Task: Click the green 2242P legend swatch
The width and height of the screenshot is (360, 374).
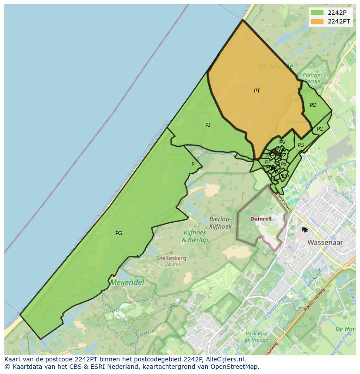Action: pyautogui.click(x=317, y=13)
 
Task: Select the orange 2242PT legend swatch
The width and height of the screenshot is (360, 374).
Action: pyautogui.click(x=317, y=21)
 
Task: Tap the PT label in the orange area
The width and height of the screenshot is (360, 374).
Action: pyautogui.click(x=257, y=91)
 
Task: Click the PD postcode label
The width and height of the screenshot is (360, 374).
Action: pyautogui.click(x=313, y=105)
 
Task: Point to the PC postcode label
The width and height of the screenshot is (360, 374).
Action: pyautogui.click(x=320, y=129)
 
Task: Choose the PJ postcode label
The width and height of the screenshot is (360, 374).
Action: pyautogui.click(x=208, y=125)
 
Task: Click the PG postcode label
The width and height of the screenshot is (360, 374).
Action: pyautogui.click(x=119, y=233)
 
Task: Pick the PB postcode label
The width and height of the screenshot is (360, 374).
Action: pyautogui.click(x=300, y=145)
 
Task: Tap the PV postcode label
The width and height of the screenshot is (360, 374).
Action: pyautogui.click(x=282, y=142)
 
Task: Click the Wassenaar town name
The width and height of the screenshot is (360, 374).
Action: pyautogui.click(x=325, y=242)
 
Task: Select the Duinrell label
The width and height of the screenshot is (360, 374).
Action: pyautogui.click(x=261, y=219)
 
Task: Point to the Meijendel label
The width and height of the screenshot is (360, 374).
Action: pyautogui.click(x=127, y=282)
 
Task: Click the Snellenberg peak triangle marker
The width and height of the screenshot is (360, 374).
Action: pyautogui.click(x=171, y=252)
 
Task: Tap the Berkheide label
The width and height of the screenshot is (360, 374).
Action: pyautogui.click(x=276, y=66)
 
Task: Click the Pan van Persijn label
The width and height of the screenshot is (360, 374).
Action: pyautogui.click(x=312, y=78)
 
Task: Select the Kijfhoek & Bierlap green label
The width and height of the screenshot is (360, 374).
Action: pyautogui.click(x=195, y=236)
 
